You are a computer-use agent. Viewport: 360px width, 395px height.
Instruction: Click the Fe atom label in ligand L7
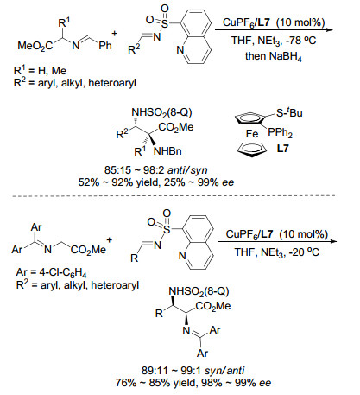(x=252, y=134)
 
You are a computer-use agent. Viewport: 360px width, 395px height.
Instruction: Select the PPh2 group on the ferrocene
(x=280, y=132)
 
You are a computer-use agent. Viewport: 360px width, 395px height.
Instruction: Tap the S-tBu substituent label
(x=289, y=112)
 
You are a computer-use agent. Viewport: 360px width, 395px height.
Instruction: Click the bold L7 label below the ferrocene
(x=282, y=149)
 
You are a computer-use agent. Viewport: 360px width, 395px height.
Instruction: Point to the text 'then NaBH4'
(x=274, y=56)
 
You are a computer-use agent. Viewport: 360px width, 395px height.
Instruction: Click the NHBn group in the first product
(x=167, y=151)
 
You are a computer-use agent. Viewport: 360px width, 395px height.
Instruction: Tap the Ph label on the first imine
(x=105, y=46)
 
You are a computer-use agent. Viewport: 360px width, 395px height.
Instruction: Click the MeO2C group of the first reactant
(x=35, y=46)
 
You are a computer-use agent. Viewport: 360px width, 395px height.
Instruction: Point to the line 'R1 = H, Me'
(x=40, y=70)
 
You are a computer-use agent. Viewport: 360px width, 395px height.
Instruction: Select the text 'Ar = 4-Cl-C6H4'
(x=51, y=272)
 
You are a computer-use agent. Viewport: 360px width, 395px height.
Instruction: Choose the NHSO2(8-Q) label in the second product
(x=199, y=291)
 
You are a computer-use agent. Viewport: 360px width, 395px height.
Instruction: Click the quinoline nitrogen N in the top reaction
(x=180, y=50)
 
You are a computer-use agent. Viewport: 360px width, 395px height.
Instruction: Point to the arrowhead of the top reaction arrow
(x=330, y=29)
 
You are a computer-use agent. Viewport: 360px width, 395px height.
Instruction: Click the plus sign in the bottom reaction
(x=110, y=239)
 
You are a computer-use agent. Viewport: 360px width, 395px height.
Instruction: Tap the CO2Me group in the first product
(x=176, y=127)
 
